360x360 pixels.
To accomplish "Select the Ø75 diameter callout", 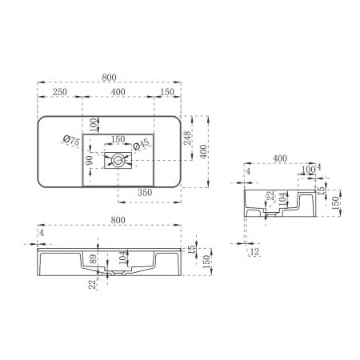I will click(x=71, y=141).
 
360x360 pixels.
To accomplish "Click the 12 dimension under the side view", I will click(x=254, y=253).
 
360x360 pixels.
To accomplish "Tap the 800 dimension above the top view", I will click(x=110, y=77).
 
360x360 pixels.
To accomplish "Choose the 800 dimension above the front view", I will click(x=110, y=219).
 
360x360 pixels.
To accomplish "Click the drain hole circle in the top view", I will click(x=118, y=160).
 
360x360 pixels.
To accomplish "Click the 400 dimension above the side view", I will click(x=280, y=158).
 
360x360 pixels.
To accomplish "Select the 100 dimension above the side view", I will click(x=308, y=170).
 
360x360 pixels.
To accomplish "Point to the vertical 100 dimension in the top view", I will click(x=94, y=125).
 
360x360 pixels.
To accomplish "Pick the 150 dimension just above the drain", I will click(x=118, y=138).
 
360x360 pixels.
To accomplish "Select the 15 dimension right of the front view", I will click(x=193, y=250).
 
